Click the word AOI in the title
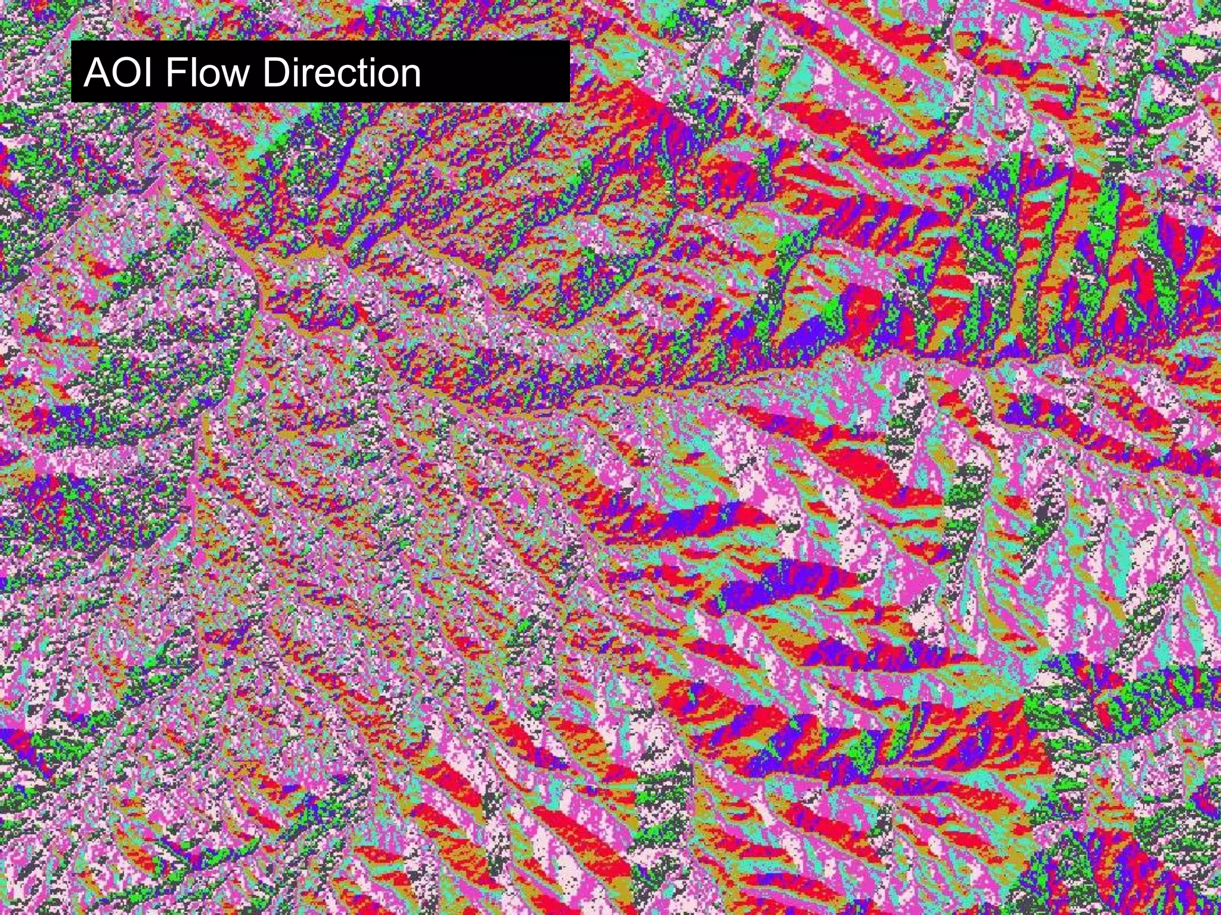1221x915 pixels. (x=120, y=72)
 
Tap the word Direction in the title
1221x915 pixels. (x=341, y=72)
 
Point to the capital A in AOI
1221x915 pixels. (x=97, y=72)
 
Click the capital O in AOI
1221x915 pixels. (x=126, y=72)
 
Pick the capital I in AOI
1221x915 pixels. (x=150, y=72)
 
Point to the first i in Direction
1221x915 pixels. (x=296, y=72)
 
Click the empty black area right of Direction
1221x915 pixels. (x=495, y=72)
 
